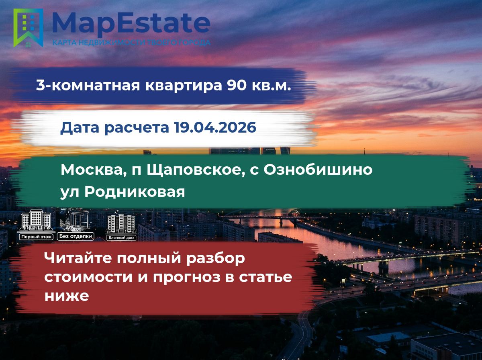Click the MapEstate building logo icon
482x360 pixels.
tap(28, 28)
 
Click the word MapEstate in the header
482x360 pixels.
tap(131, 24)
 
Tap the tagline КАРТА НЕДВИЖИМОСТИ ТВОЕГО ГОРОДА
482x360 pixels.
tap(131, 43)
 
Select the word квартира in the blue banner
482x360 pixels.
tap(184, 86)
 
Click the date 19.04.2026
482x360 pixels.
tap(215, 127)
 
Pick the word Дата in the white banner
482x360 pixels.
tap(80, 128)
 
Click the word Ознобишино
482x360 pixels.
tap(318, 170)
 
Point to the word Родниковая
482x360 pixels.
tap(135, 192)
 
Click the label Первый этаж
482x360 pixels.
tap(36, 237)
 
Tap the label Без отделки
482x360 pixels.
tap(76, 236)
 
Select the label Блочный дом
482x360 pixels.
tap(121, 238)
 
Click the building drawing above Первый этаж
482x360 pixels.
tap(36, 220)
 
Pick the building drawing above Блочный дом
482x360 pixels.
tap(121, 222)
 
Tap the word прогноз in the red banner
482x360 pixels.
tap(187, 278)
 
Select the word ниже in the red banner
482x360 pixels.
tap(67, 296)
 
